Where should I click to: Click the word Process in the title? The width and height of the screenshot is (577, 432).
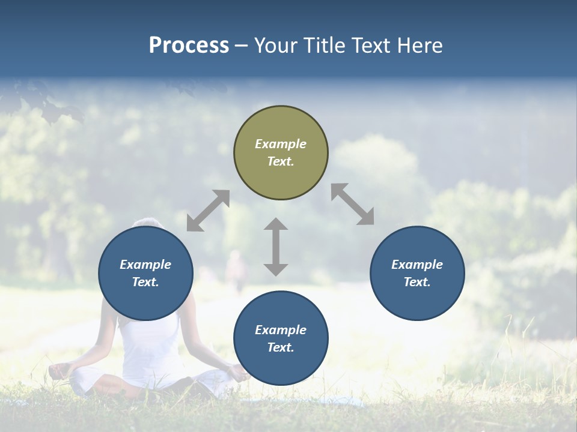click(189, 46)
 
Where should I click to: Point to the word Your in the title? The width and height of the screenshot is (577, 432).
click(275, 46)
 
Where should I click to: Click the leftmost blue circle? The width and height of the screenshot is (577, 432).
click(145, 273)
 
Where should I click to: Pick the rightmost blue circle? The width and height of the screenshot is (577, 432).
click(417, 273)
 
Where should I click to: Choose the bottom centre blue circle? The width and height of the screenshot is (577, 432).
click(281, 338)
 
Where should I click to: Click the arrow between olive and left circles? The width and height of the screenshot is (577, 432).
click(208, 211)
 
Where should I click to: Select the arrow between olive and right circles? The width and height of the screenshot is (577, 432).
click(353, 204)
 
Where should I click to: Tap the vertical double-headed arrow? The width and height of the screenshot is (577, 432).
click(276, 247)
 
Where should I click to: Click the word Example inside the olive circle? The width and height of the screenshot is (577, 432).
click(281, 144)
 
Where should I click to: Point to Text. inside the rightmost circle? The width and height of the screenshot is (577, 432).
click(417, 282)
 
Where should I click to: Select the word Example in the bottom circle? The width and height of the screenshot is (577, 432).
click(281, 330)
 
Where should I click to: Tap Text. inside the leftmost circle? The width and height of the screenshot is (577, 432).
click(145, 282)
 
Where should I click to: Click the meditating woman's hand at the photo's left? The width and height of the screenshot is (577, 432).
click(58, 371)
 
